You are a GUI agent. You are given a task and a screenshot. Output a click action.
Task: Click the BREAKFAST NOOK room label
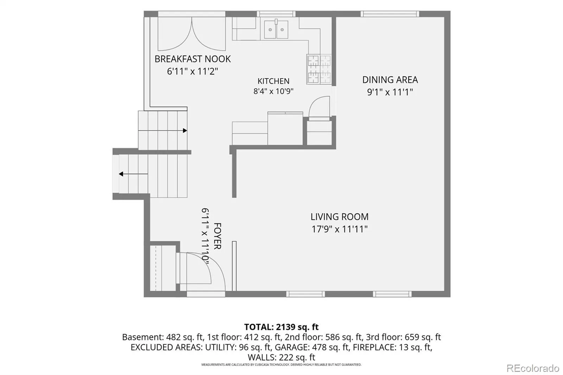[x=192, y=59]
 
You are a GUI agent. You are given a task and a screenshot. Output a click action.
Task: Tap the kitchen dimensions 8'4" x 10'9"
[x=273, y=91]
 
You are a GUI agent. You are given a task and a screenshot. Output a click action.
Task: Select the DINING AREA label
[x=390, y=80]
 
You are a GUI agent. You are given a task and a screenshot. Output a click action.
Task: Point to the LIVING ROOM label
[x=340, y=217]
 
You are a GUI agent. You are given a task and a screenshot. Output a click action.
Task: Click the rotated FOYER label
[x=217, y=236]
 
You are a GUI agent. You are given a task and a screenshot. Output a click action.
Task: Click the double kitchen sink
[x=276, y=30]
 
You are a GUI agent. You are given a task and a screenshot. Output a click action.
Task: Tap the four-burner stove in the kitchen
[x=319, y=69]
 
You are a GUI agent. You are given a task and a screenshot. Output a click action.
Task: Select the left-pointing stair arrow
[x=133, y=174]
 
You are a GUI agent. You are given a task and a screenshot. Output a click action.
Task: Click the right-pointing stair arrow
[x=163, y=131]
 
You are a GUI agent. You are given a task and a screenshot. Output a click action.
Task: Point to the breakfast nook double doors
[x=192, y=34]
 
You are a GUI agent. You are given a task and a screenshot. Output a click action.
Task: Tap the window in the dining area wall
[x=390, y=14]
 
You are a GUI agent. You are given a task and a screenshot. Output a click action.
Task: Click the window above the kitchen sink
[x=276, y=14]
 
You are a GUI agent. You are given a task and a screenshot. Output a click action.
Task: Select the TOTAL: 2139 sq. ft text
[x=281, y=327]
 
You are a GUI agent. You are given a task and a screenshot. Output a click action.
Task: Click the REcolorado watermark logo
[x=533, y=368]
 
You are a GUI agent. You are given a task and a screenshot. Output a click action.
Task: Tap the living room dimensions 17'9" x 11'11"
[x=340, y=229]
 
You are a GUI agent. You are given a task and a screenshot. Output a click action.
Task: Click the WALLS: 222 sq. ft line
[x=281, y=357]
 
